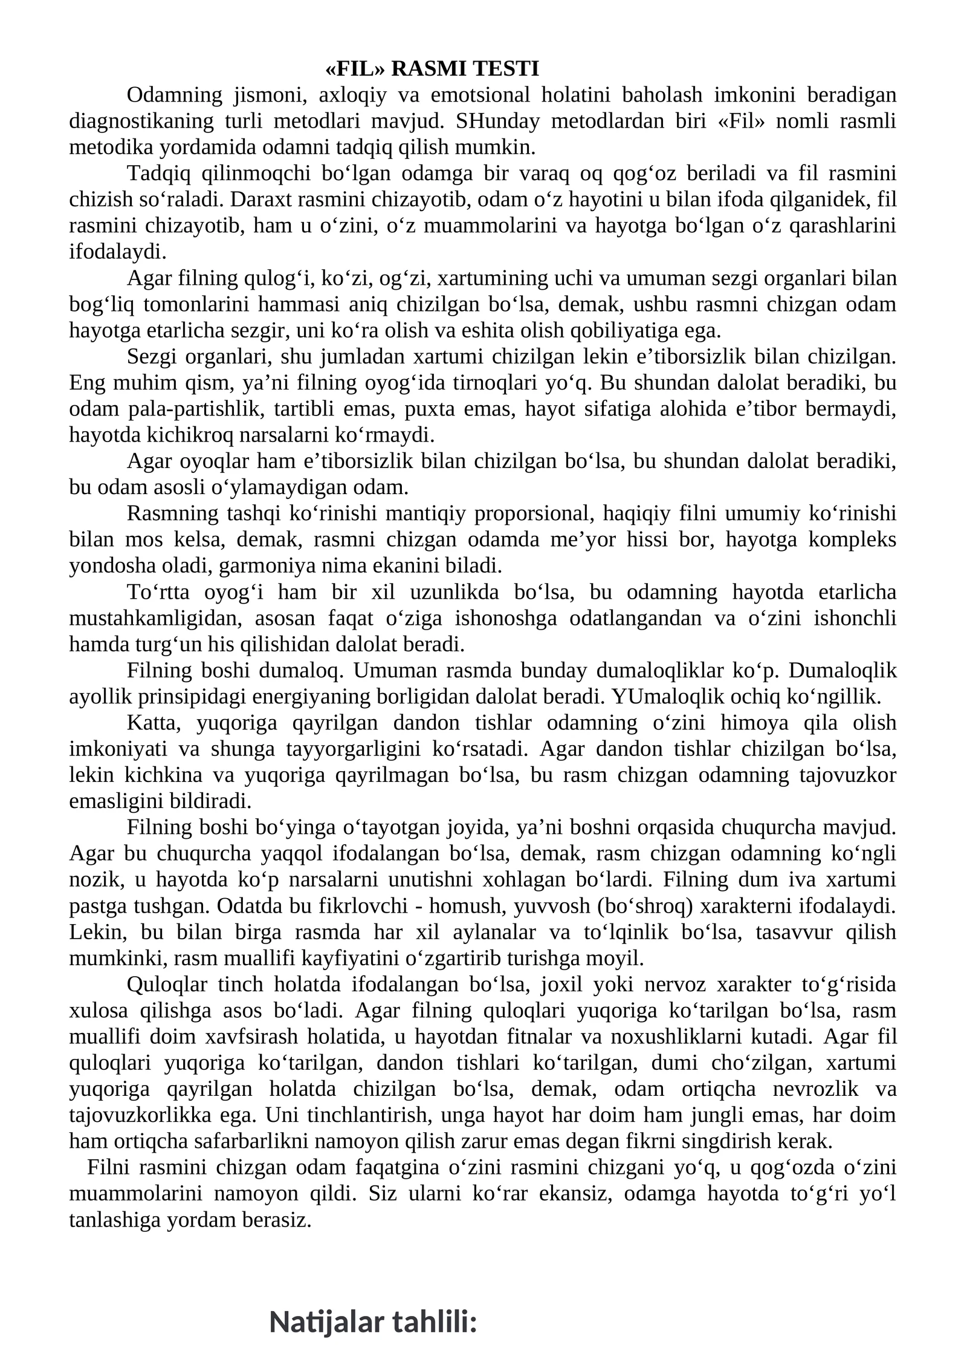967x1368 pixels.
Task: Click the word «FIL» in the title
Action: [355, 69]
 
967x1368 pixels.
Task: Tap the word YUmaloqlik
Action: [663, 697]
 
